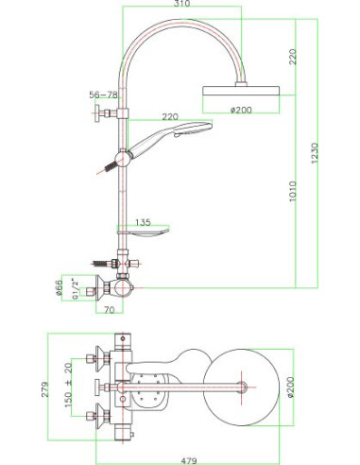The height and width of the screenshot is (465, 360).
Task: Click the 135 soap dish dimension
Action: point(141,222)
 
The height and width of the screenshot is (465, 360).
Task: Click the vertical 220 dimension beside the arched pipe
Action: point(295,57)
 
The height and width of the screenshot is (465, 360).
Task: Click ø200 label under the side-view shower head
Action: point(244,111)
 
